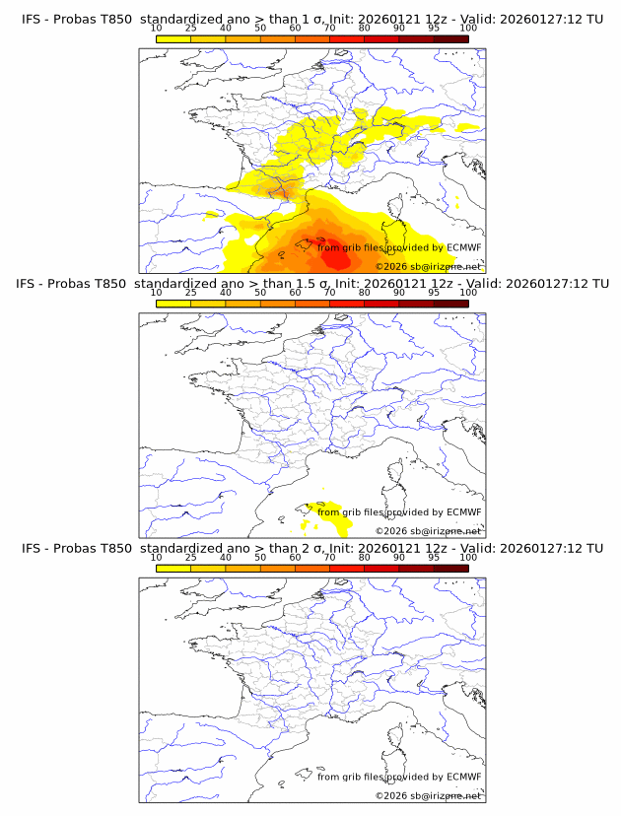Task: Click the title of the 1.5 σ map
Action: (x=310, y=284)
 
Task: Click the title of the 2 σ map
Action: (x=310, y=548)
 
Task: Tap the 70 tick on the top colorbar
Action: (x=329, y=29)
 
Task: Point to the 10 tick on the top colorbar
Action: (x=156, y=29)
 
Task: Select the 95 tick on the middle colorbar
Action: (x=434, y=293)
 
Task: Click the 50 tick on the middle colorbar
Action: (x=260, y=293)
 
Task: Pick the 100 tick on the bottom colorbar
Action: (x=468, y=557)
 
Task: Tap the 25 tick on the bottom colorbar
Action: (x=190, y=557)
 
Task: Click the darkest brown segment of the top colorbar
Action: (x=450, y=39)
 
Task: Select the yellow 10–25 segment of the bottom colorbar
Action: (x=172, y=568)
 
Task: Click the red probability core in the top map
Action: (x=333, y=251)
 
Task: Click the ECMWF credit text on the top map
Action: (x=399, y=247)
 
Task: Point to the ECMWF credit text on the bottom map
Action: (x=399, y=777)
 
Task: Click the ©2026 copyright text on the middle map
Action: (x=428, y=531)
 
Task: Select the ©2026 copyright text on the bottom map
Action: (x=428, y=795)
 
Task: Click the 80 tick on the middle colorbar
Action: (x=365, y=293)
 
